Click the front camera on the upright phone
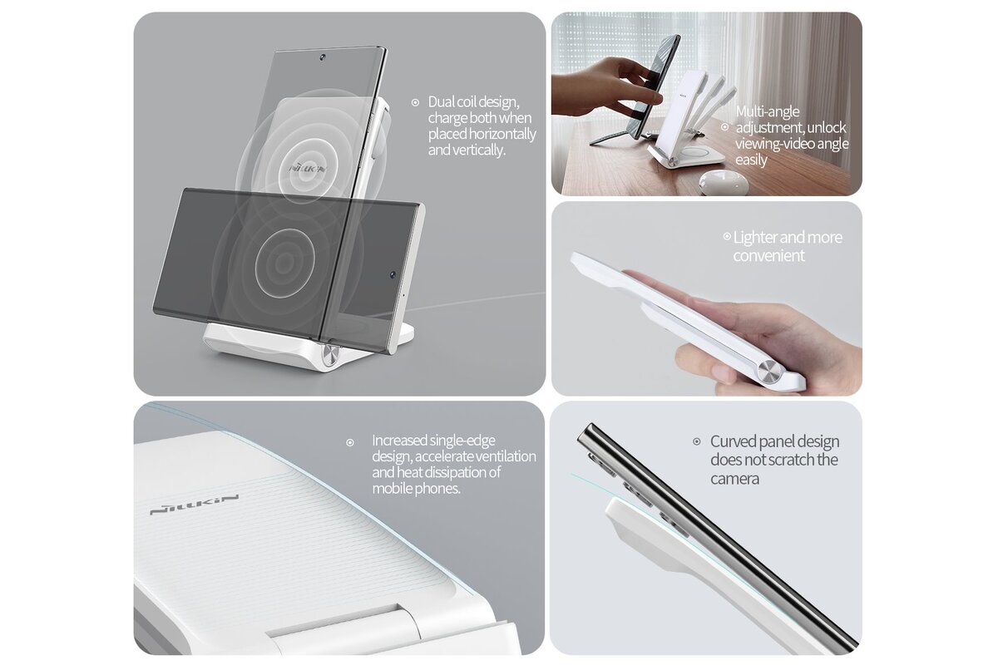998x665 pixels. (x=322, y=57)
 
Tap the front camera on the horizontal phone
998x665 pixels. (x=393, y=274)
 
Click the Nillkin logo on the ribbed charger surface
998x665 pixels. (x=194, y=505)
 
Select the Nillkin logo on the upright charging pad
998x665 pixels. (x=309, y=168)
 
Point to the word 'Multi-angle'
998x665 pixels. (x=768, y=111)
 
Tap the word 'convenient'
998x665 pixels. (x=769, y=256)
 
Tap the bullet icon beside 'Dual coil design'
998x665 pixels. (x=415, y=102)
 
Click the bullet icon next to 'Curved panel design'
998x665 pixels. (x=697, y=442)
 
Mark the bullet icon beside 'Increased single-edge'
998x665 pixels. (x=350, y=443)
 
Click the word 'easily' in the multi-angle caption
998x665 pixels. (x=751, y=160)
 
